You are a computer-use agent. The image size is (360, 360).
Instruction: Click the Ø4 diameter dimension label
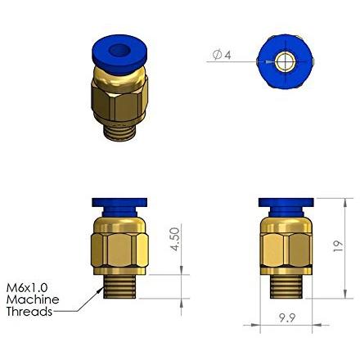222,55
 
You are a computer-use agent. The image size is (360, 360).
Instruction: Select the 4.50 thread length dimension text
175,239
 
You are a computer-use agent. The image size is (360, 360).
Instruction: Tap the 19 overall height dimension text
338,245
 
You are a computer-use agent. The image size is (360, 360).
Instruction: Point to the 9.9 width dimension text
287,317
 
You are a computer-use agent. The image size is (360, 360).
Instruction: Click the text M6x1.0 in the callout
27,287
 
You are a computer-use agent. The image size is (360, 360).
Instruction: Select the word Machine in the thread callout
33,299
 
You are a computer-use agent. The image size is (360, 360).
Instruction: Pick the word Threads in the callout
29,312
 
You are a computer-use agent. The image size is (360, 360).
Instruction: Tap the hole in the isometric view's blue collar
118,50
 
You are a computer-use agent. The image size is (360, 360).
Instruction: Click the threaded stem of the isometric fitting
119,132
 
